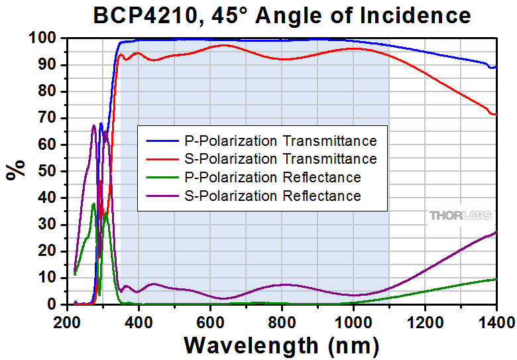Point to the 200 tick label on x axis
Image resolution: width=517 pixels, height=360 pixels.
(67, 322)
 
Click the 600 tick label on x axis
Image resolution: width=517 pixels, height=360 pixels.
(210, 322)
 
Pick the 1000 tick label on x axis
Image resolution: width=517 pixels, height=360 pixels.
(353, 322)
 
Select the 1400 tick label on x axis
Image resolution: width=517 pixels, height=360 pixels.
(496, 322)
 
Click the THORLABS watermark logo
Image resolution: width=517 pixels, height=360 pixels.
(460, 215)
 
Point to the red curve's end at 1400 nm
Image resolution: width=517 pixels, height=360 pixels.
(494, 114)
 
